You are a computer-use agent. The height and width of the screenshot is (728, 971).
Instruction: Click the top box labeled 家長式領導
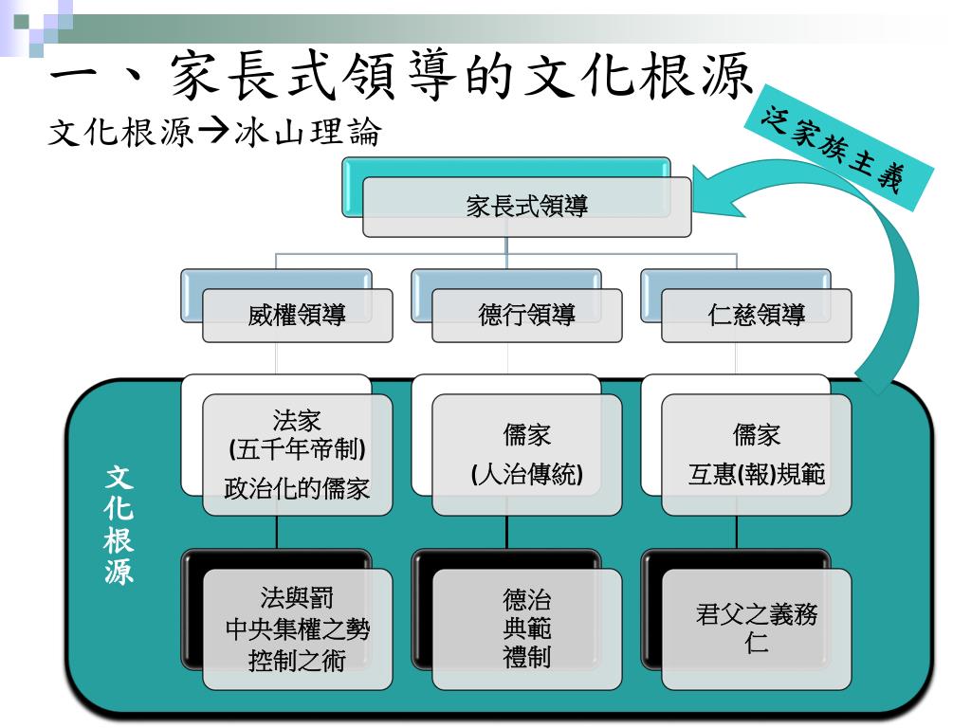526,207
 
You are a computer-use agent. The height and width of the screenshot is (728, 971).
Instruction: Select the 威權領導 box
297,316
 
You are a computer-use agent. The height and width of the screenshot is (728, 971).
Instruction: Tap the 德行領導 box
526,316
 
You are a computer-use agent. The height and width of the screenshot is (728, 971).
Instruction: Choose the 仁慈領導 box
756,316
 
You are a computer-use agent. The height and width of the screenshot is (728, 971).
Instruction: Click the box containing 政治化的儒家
297,455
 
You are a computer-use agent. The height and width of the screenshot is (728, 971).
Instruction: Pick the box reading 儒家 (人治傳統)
526,455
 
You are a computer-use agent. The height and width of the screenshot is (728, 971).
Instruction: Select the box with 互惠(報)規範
756,455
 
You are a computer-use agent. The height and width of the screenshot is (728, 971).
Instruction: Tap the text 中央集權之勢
297,629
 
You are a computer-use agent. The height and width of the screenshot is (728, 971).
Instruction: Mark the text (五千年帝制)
297,446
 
